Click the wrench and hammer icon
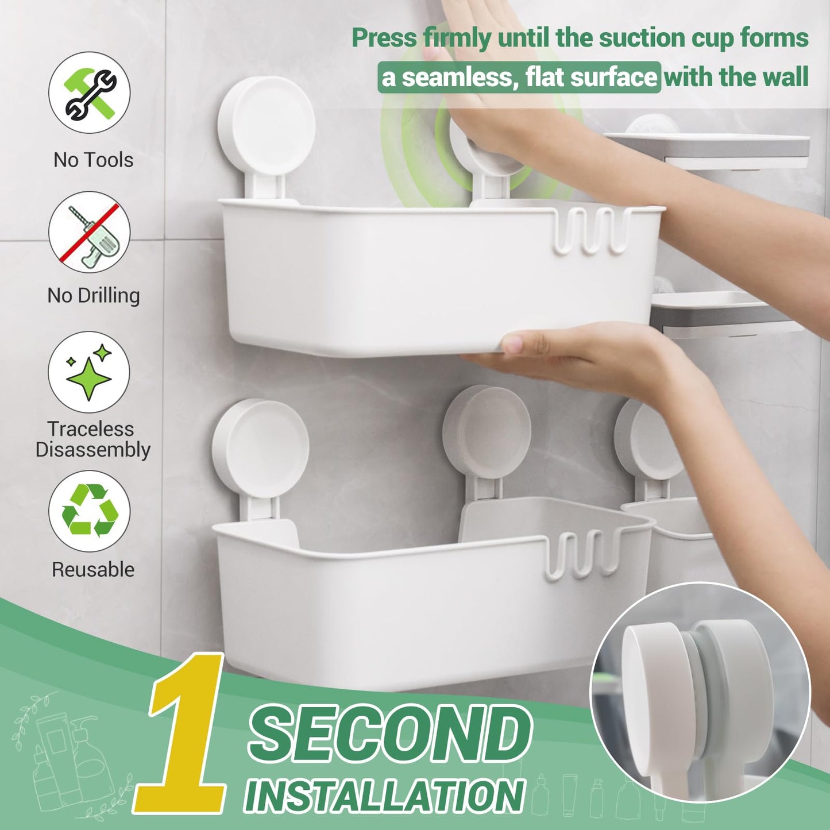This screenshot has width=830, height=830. pos(90,92)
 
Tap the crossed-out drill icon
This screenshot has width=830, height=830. pos(90,232)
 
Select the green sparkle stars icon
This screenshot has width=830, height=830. pos(89,372)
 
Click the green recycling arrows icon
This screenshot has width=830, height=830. pos(90,511)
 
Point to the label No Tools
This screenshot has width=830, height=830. pos(93,160)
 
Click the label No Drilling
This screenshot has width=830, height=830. pos(94,295)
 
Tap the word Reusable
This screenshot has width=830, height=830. pos(93,569)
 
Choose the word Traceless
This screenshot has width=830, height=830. pos(91,428)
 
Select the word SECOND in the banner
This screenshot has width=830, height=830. pos(391,732)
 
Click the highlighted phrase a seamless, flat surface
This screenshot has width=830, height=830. pos(519,78)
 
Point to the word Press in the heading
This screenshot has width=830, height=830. pos(384,38)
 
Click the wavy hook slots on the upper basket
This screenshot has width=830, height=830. pos(592,230)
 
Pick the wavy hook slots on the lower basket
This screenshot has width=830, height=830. pos(583,554)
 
